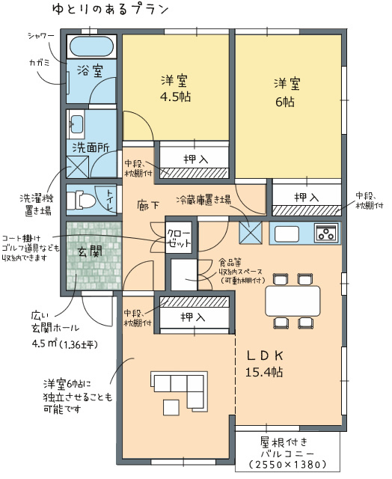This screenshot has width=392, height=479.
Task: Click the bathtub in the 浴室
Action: point(91,46)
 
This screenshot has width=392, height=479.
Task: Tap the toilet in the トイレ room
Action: point(79,200)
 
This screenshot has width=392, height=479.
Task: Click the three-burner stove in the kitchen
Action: point(326,233)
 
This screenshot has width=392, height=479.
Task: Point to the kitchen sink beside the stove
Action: point(287,234)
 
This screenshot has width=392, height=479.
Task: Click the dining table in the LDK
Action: point(293,301)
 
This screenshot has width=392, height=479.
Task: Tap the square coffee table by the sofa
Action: point(171,407)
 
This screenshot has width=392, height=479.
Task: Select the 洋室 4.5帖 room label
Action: point(175,88)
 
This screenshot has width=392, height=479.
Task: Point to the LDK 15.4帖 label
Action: point(264,364)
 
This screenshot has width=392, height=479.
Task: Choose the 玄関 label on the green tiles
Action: point(91,251)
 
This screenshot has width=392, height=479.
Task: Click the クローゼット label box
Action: point(179,237)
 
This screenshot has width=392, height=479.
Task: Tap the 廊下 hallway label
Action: point(148,204)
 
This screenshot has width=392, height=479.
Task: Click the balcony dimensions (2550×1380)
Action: point(287,465)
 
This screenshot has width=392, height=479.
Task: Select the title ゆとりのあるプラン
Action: point(110,10)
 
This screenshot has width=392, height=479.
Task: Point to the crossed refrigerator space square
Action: point(251,233)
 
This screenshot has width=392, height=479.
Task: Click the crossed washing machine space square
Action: point(78,167)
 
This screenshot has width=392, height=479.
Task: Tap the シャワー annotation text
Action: point(41,36)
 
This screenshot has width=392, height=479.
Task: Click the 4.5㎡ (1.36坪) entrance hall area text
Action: point(64,344)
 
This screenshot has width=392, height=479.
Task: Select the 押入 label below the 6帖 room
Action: point(306,198)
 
